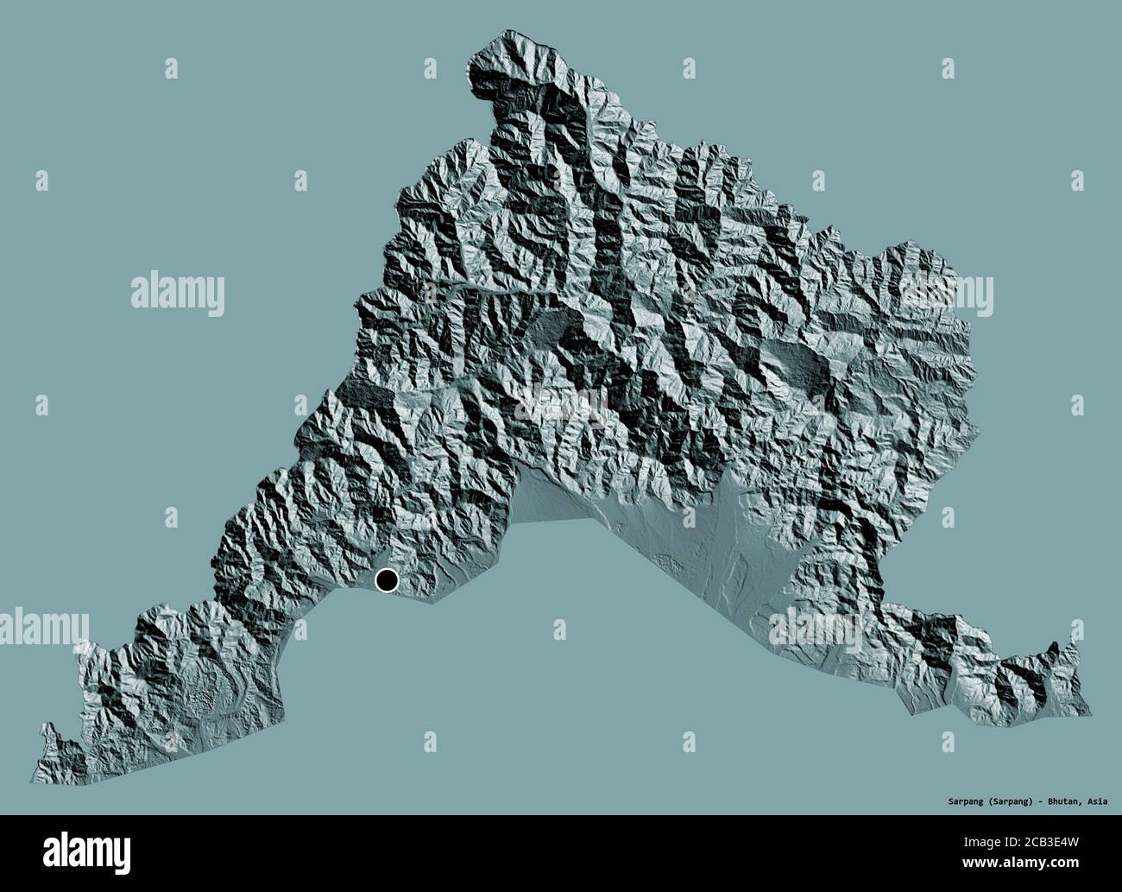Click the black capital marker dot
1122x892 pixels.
click(386, 581)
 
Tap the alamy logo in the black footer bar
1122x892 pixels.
click(69, 854)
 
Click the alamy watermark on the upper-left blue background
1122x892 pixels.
click(178, 294)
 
